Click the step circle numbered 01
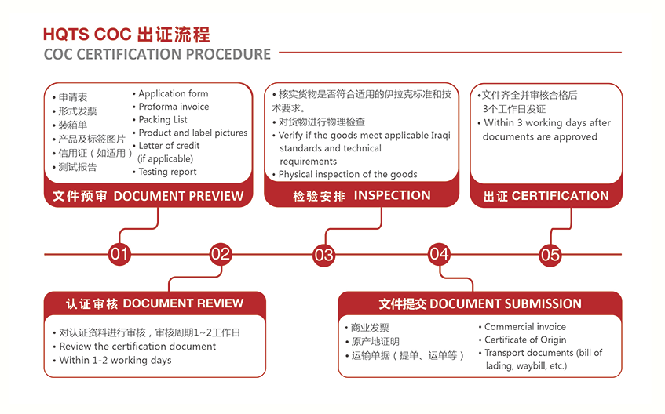pyautogui.click(x=119, y=254)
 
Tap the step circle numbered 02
pyautogui.click(x=221, y=254)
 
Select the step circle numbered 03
pyautogui.click(x=323, y=255)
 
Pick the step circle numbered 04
pyautogui.click(x=439, y=254)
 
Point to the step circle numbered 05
pyautogui.click(x=550, y=255)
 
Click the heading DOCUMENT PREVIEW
pyautogui.click(x=178, y=196)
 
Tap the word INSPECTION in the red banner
pyautogui.click(x=393, y=195)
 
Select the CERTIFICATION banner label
pyautogui.click(x=561, y=196)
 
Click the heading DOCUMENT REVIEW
pyautogui.click(x=183, y=303)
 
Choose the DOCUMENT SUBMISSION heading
pyautogui.click(x=506, y=303)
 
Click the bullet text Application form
pyautogui.click(x=174, y=93)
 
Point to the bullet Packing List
pyautogui.click(x=163, y=119)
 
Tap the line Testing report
pyautogui.click(x=167, y=172)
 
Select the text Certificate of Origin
pyautogui.click(x=525, y=340)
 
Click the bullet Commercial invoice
pyautogui.click(x=525, y=327)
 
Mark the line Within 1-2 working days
pyautogui.click(x=115, y=360)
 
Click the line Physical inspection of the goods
pyautogui.click(x=348, y=174)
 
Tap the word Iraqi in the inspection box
pyautogui.click(x=440, y=136)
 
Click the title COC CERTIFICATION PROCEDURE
pyautogui.click(x=157, y=54)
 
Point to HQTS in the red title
pyautogui.click(x=66, y=34)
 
